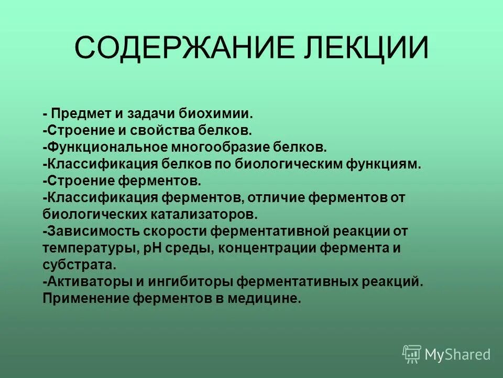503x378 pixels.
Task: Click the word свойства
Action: [170, 130]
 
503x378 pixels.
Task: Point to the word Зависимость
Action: [84, 231]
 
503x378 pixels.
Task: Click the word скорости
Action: [170, 231]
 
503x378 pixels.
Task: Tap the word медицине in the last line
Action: [268, 299]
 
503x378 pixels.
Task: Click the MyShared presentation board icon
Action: [412, 354]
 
